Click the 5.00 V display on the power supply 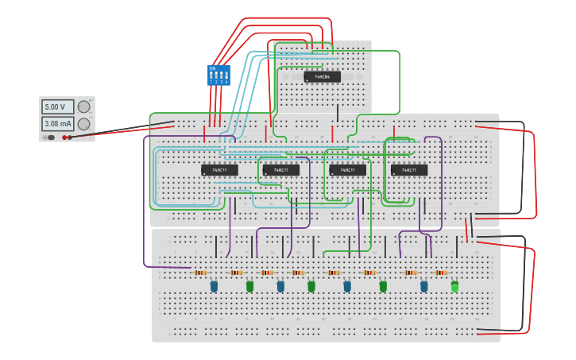pos(57,106)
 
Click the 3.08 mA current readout pos(57,124)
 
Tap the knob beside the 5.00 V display pos(83,106)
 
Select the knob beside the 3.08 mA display pos(83,124)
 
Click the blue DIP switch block pos(218,75)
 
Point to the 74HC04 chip pos(322,77)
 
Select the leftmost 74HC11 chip pos(219,170)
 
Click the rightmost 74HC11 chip pos(409,170)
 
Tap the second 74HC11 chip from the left pos(281,170)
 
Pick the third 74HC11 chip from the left pos(347,170)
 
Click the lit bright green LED pos(454,287)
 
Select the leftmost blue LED pos(214,286)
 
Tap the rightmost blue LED pos(423,286)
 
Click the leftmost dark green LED pos(249,286)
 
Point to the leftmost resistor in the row pos(201,273)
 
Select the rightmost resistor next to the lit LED pos(441,273)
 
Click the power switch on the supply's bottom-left pos(50,137)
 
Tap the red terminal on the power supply pos(64,137)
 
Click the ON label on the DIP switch pos(212,68)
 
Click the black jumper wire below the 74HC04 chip pos(337,113)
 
